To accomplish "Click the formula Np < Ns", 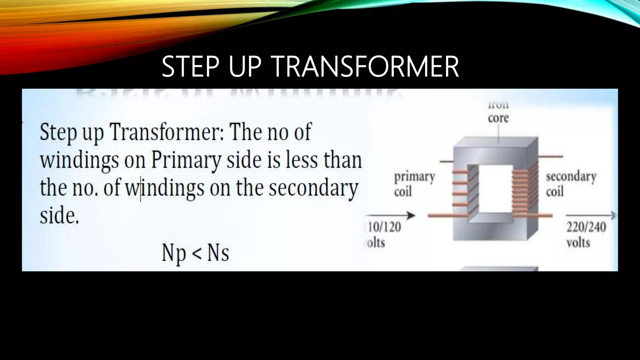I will (195, 253).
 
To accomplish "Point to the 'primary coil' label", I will (414, 184).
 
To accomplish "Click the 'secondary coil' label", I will (571, 184).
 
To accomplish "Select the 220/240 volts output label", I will (586, 234).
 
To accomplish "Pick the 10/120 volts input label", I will (384, 234).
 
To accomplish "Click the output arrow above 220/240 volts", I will (591, 215).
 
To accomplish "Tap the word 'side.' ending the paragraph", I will (59, 216).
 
